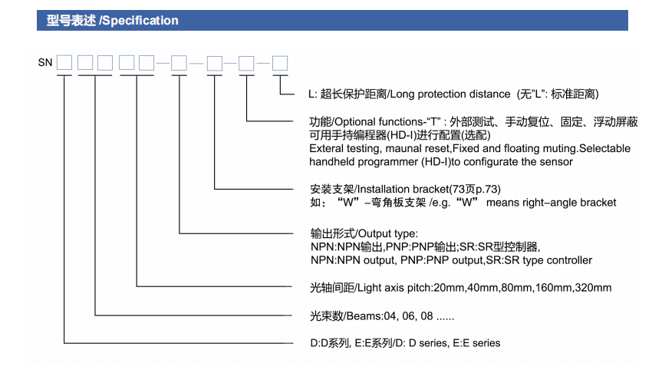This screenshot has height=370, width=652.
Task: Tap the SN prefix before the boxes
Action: (x=44, y=62)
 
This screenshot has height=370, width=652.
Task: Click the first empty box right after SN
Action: (x=65, y=62)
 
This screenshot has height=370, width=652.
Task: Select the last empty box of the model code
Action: (x=281, y=62)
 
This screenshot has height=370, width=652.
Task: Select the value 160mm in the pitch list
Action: (x=549, y=288)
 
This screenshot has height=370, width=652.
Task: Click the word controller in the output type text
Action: (x=565, y=260)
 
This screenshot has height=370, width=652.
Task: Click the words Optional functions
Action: (x=379, y=122)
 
